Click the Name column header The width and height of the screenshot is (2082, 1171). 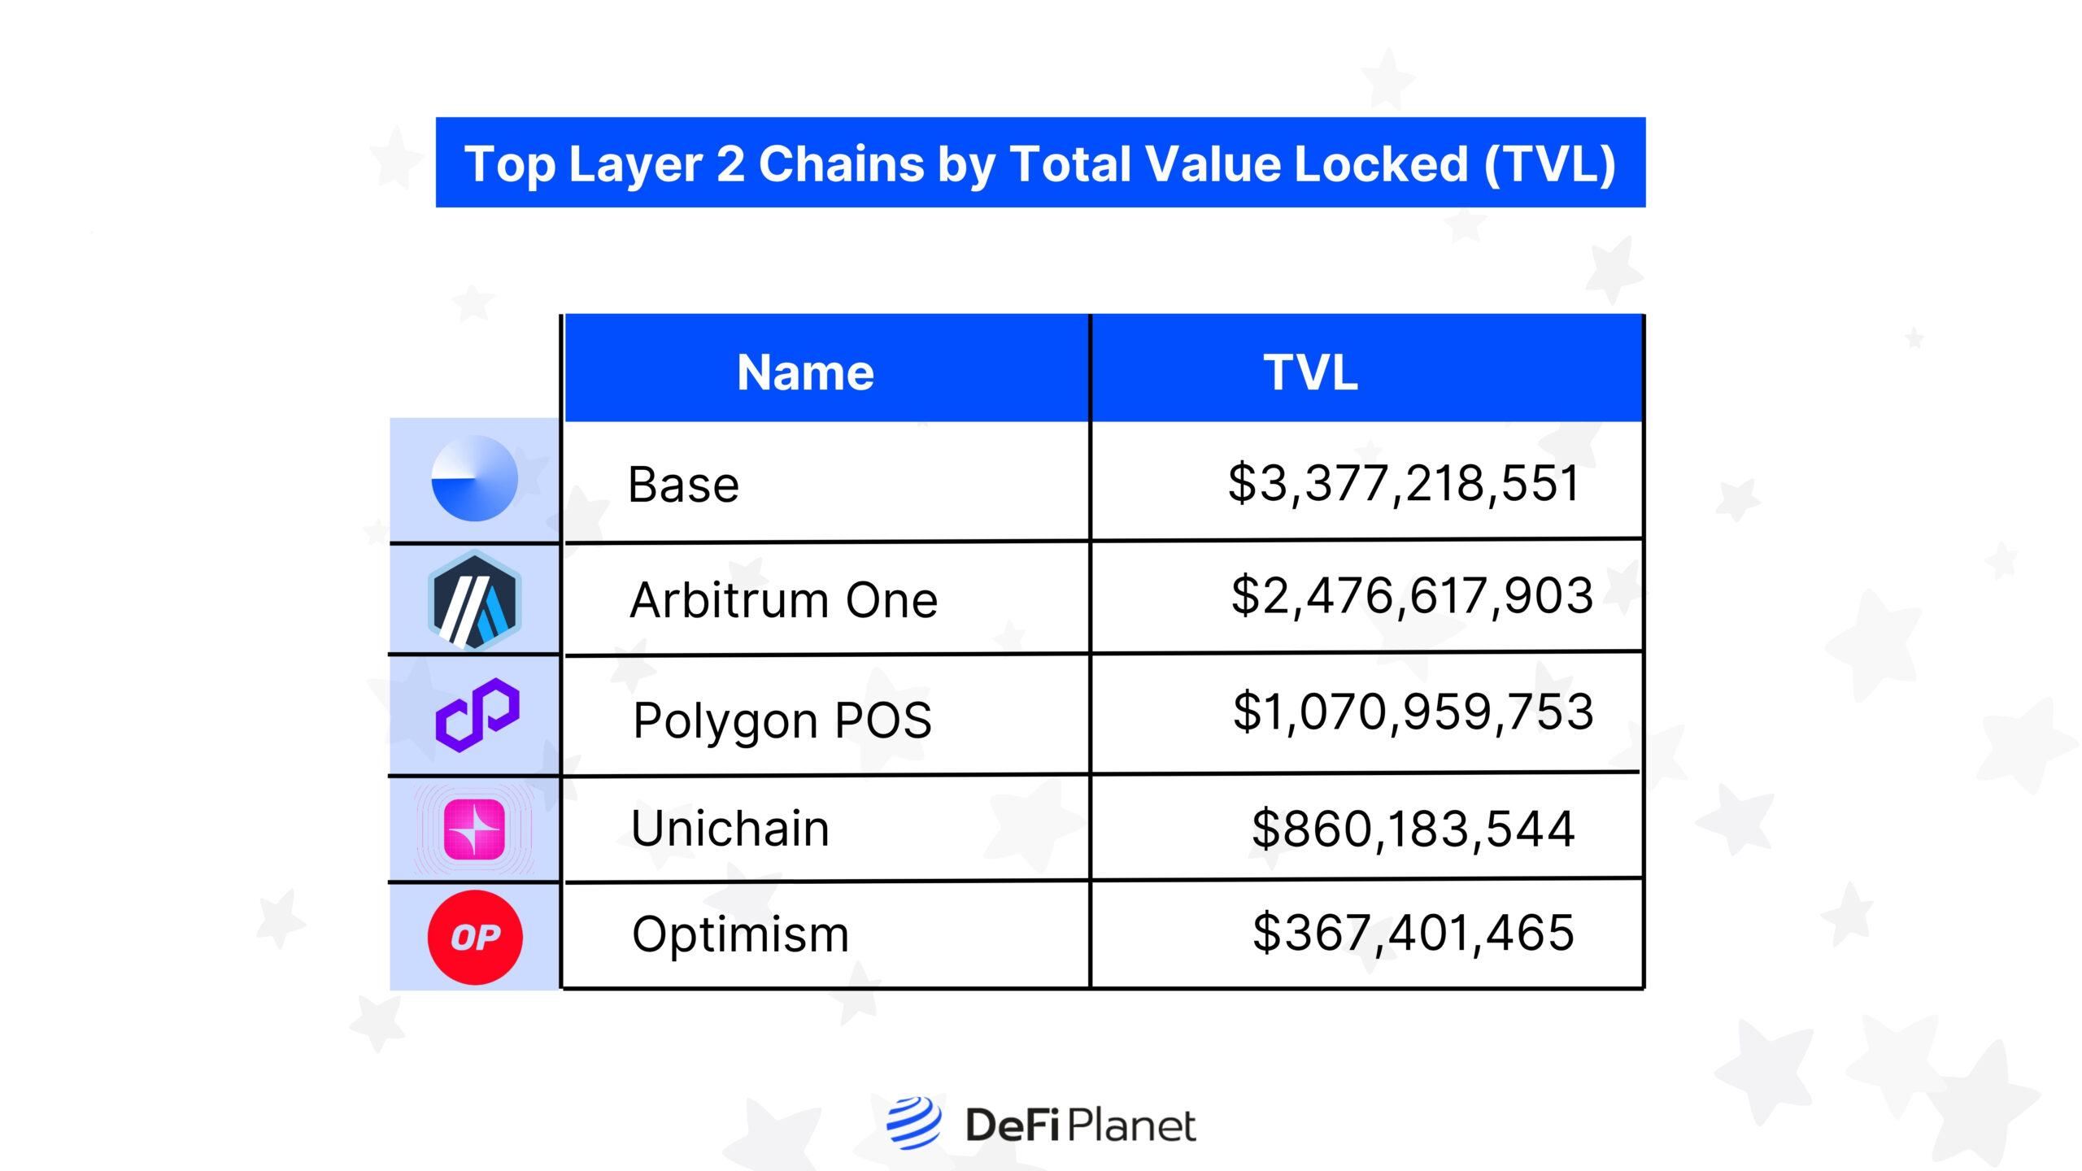click(x=805, y=372)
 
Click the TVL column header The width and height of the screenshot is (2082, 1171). click(x=1310, y=372)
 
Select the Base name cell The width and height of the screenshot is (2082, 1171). click(x=683, y=485)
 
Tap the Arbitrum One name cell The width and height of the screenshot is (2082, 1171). click(x=783, y=600)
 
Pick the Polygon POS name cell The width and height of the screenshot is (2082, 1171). click(x=782, y=720)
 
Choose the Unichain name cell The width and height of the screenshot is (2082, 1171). click(x=730, y=829)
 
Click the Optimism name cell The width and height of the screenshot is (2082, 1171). click(x=740, y=934)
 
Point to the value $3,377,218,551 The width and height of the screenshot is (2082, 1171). click(x=1403, y=483)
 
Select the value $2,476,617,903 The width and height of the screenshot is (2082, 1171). click(x=1412, y=595)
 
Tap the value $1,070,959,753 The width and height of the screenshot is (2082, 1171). click(x=1413, y=712)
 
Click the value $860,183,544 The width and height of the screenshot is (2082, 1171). click(x=1413, y=829)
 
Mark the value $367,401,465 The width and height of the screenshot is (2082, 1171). click(x=1413, y=933)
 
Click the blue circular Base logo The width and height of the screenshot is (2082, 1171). click(x=474, y=478)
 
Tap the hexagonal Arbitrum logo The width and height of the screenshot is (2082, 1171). click(x=474, y=600)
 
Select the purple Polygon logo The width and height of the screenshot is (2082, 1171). click(x=477, y=715)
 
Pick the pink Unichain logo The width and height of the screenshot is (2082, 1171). click(x=474, y=829)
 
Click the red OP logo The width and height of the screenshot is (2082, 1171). click(x=475, y=937)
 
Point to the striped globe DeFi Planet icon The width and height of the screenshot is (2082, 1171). click(x=913, y=1123)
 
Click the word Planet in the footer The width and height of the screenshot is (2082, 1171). click(x=1130, y=1126)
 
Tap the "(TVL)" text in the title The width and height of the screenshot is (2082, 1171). click(x=1550, y=164)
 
